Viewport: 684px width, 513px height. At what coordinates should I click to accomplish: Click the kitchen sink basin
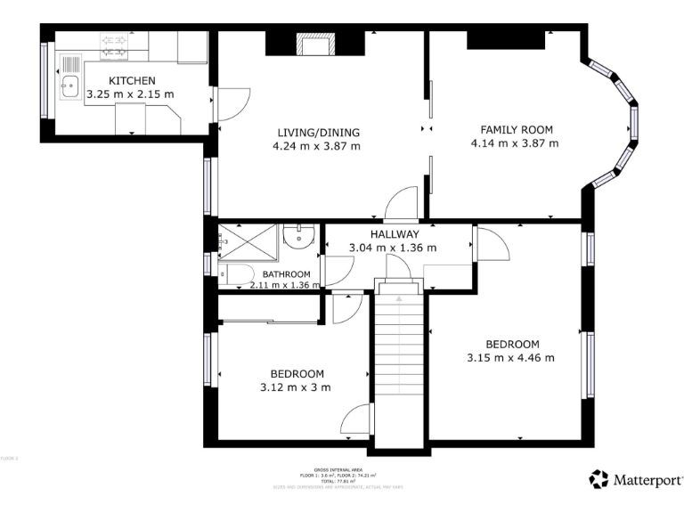click(x=70, y=87)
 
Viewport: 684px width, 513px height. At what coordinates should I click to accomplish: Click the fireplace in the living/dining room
click(x=313, y=45)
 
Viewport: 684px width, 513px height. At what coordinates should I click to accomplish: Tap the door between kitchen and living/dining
click(x=229, y=105)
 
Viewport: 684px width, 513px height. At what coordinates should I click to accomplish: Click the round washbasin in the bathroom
click(x=296, y=236)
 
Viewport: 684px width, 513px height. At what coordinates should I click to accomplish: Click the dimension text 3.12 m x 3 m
click(x=295, y=387)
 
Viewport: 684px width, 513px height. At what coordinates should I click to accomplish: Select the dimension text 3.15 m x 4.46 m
click(x=510, y=358)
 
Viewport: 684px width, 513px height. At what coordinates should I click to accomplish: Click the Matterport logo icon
click(x=599, y=479)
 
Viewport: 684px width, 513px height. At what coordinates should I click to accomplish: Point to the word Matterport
click(x=648, y=480)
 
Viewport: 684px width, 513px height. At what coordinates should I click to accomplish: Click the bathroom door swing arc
click(x=339, y=270)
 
